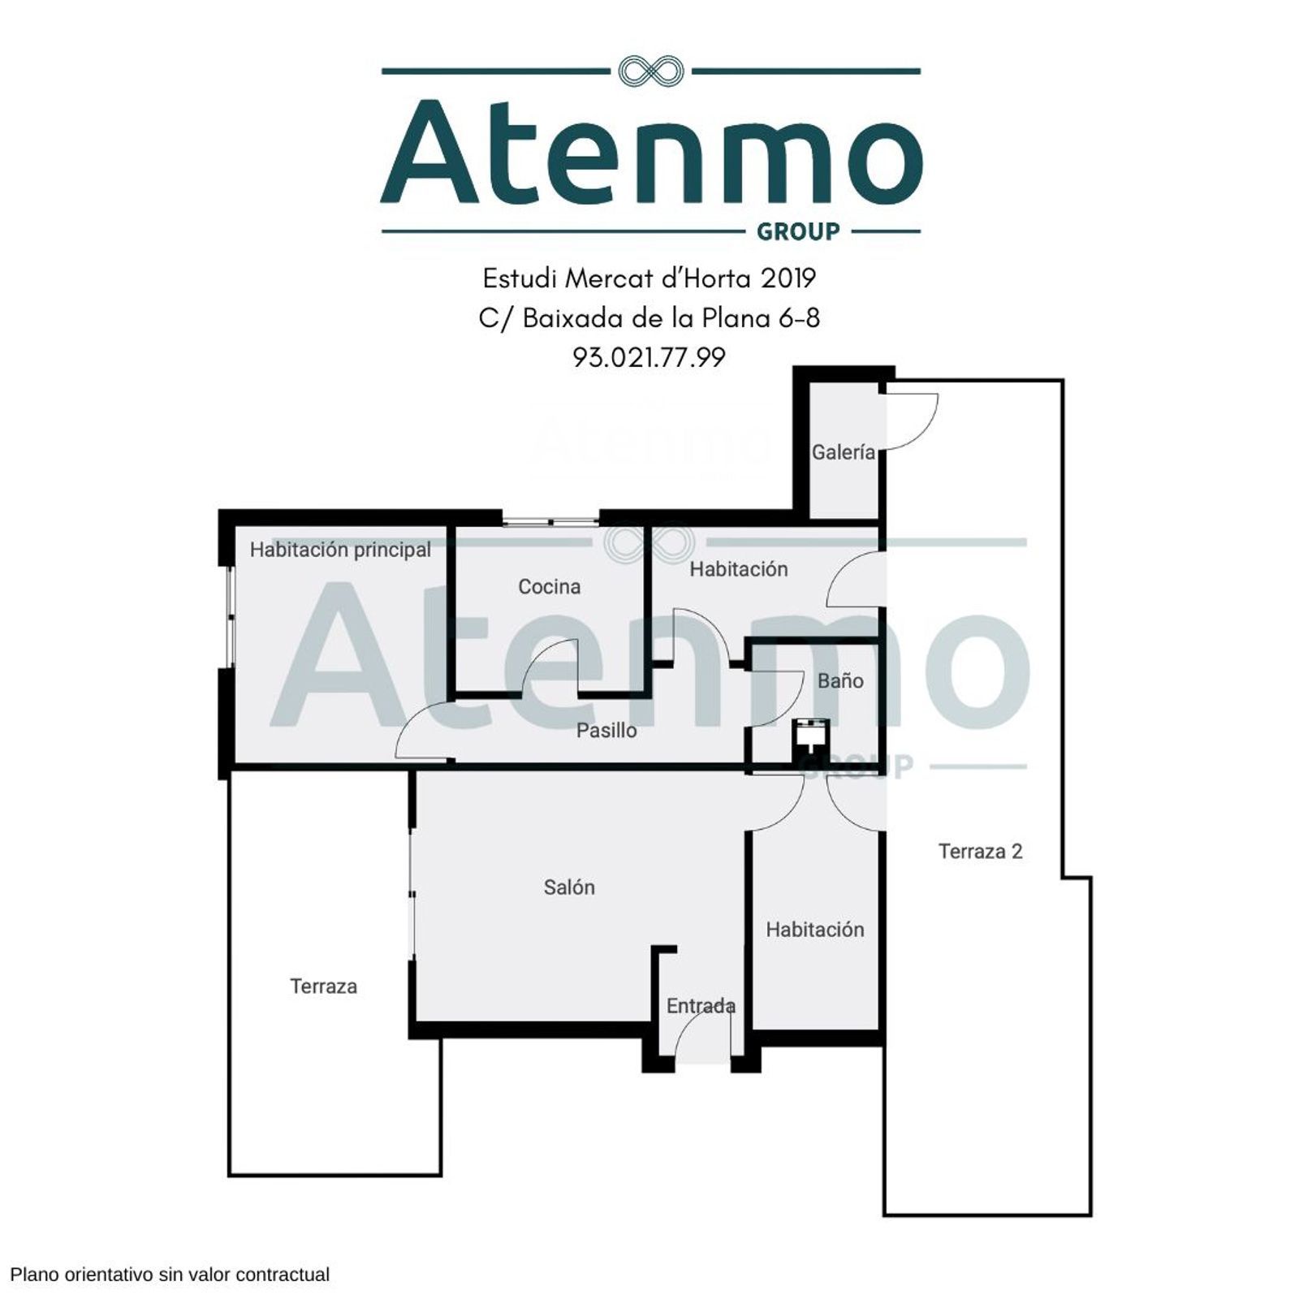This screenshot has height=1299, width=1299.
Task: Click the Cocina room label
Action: pyautogui.click(x=550, y=586)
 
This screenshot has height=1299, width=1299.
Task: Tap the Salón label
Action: pyautogui.click(x=569, y=887)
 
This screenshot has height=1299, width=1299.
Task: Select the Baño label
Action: pyautogui.click(x=840, y=680)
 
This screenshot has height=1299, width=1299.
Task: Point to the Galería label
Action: pyautogui.click(x=844, y=452)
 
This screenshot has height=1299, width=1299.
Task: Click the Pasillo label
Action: pyautogui.click(x=606, y=730)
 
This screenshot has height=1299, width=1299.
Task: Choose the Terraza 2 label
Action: pyautogui.click(x=981, y=851)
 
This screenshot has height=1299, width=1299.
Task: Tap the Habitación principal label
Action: pyautogui.click(x=340, y=550)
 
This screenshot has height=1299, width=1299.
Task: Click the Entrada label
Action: pyautogui.click(x=701, y=1006)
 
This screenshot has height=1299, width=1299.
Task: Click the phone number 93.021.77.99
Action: pyautogui.click(x=649, y=357)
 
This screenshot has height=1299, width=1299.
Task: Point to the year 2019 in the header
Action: pyautogui.click(x=788, y=278)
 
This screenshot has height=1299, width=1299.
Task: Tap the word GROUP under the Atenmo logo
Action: pyautogui.click(x=798, y=232)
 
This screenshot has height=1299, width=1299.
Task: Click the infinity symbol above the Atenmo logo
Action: pyautogui.click(x=650, y=71)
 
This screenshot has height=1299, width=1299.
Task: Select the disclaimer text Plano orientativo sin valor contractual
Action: pyautogui.click(x=170, y=1274)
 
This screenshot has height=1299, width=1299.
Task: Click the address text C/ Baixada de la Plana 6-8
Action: pyautogui.click(x=649, y=318)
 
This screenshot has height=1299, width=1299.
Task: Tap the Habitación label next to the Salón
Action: pyautogui.click(x=815, y=930)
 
